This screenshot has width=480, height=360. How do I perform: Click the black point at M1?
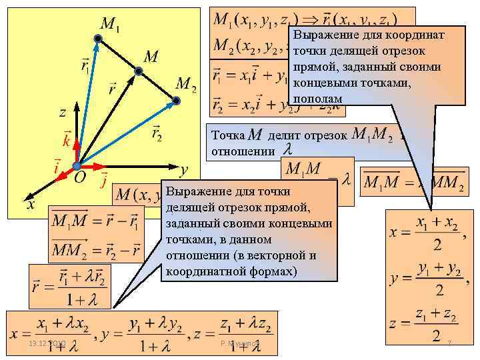tap(97, 41)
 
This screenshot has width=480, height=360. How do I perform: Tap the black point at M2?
tap(176, 101)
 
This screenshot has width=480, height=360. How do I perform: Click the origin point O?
tap(77, 165)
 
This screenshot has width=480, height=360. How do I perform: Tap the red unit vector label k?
tap(66, 141)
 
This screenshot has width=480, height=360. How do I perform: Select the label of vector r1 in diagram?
tap(86, 65)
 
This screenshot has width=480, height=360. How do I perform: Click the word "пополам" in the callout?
tap(317, 97)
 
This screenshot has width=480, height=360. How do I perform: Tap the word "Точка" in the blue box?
tap(227, 136)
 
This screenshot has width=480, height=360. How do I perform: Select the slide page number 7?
tap(450, 343)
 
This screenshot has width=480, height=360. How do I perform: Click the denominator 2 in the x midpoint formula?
tap(437, 245)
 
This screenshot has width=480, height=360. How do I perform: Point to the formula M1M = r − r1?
tap(96, 220)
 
